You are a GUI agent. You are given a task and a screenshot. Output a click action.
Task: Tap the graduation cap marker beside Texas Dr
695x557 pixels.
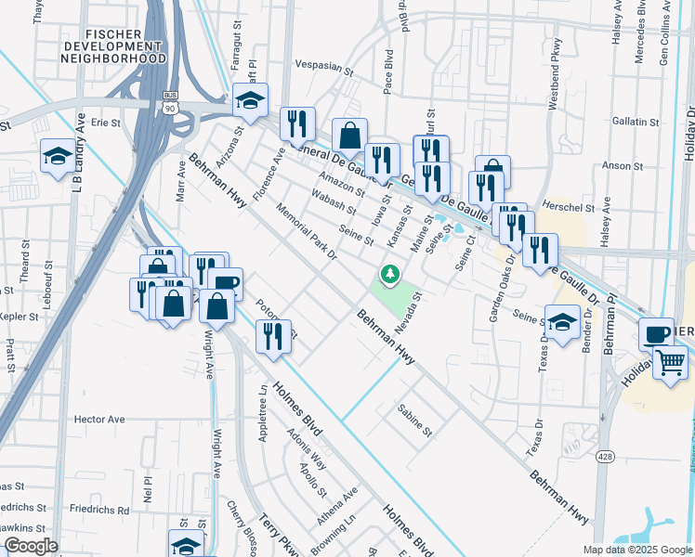[561, 322]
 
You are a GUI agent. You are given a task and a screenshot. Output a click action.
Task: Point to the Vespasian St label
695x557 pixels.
[324, 70]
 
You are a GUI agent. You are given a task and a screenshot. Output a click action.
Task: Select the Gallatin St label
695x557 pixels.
[636, 122]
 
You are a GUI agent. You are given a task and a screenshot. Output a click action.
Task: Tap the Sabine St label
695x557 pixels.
[414, 421]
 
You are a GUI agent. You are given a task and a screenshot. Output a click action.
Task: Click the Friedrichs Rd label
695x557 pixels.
[98, 510]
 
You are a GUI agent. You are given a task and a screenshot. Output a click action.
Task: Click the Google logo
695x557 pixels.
[31, 546]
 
